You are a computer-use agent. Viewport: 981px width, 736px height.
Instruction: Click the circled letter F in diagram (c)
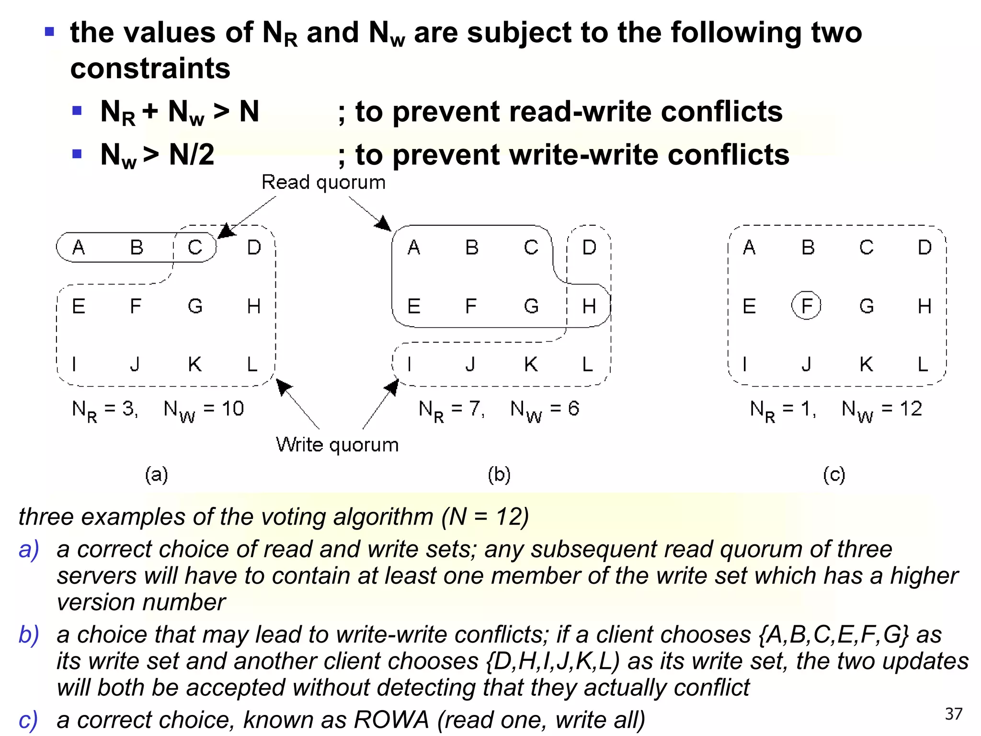coord(807,305)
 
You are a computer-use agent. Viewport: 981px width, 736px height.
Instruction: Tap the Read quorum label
coord(323,183)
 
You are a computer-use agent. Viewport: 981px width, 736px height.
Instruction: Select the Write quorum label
coord(337,445)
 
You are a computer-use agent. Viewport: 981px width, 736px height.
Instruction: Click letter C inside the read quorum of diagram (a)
coord(195,247)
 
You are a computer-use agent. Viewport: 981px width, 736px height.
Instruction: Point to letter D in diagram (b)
coord(589,247)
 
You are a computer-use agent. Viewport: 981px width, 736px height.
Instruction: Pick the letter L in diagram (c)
coord(923,364)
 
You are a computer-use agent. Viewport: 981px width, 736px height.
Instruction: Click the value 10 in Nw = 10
coord(233,409)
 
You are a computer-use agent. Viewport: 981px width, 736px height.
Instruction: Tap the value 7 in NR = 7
coord(475,409)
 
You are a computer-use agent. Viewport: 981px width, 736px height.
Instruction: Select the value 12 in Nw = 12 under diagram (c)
coord(911,409)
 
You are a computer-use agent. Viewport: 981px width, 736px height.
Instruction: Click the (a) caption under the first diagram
coord(157,474)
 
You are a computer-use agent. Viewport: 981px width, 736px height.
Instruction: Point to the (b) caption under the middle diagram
coord(499,474)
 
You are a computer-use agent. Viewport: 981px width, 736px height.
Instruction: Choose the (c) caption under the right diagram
coord(834,474)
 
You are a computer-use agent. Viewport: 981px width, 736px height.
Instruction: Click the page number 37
coord(953,714)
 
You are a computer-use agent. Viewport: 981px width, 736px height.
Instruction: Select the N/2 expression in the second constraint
coord(192,155)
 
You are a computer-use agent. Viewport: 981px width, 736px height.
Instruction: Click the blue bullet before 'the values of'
coord(49,32)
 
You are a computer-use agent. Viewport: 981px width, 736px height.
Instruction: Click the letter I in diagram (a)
coord(74,364)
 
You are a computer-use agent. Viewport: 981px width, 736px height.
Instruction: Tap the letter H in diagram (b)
coord(589,306)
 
